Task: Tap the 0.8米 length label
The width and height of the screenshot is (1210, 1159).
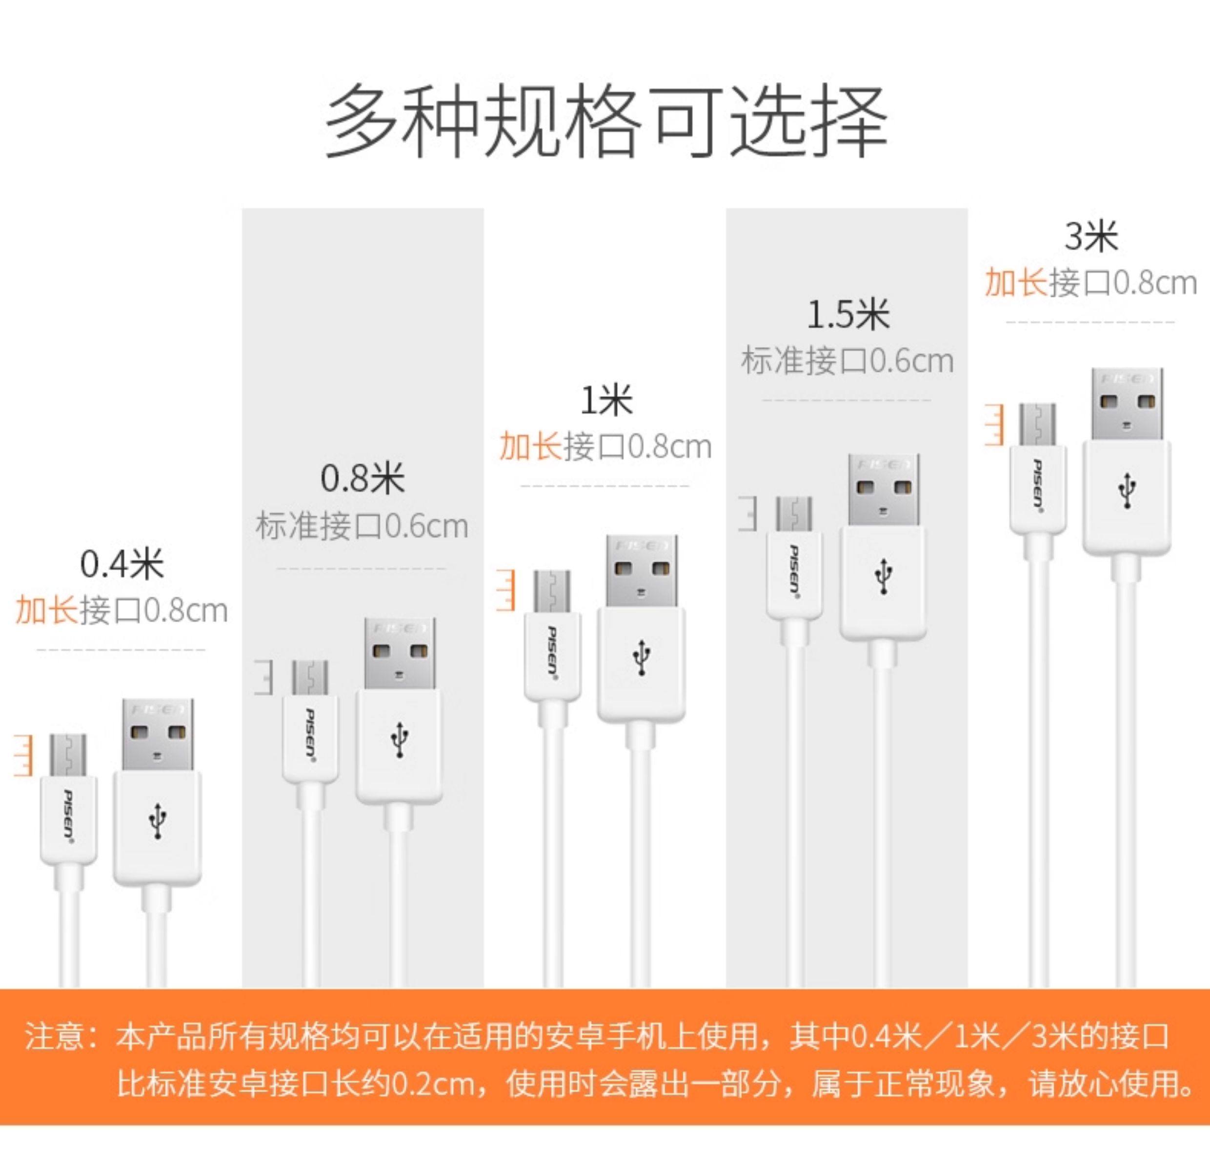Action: pyautogui.click(x=363, y=479)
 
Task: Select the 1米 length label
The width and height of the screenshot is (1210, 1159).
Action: pyautogui.click(x=607, y=400)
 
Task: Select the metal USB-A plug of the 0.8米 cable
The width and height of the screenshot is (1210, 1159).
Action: pyautogui.click(x=400, y=654)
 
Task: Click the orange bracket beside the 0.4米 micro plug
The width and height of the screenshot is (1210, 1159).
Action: pyautogui.click(x=23, y=755)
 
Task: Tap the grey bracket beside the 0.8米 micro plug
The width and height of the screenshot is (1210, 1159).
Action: pyautogui.click(x=263, y=678)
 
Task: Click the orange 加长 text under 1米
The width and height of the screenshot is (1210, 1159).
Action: pyautogui.click(x=531, y=446)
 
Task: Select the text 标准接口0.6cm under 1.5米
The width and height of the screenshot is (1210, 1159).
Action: pyautogui.click(x=847, y=361)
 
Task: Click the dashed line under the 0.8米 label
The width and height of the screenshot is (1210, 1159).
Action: pyautogui.click(x=361, y=568)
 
